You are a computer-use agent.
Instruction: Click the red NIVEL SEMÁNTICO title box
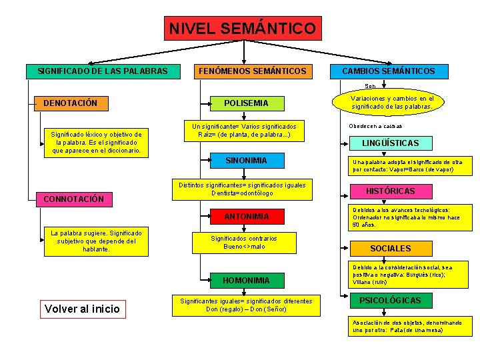coord(243,29)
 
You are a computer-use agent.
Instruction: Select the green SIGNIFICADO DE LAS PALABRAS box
coord(103,71)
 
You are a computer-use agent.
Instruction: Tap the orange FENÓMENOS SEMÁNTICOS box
coord(252,71)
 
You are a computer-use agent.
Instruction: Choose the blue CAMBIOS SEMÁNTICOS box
coord(388,71)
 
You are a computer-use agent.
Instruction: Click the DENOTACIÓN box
coord(71,103)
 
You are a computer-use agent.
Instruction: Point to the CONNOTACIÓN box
coord(74,199)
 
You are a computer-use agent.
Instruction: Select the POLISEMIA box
coord(246,103)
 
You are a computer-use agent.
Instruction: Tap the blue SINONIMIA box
coord(246,161)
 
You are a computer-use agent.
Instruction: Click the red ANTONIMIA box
coord(246,217)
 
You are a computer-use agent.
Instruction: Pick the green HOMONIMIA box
coord(246,280)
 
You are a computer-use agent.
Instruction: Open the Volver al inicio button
coord(81,308)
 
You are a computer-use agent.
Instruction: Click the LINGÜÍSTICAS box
coord(390,143)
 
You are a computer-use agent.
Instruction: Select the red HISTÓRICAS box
coord(390,191)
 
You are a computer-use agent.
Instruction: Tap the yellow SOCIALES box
coord(390,248)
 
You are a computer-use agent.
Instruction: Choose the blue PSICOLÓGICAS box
coord(390,301)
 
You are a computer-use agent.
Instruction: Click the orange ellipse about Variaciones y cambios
coord(391,102)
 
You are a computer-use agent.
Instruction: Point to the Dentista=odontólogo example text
coord(242,193)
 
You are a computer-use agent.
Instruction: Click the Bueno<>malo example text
coord(243,247)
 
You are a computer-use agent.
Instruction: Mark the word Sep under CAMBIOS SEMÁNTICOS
coord(369,86)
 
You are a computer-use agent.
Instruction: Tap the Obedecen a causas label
coord(375,126)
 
